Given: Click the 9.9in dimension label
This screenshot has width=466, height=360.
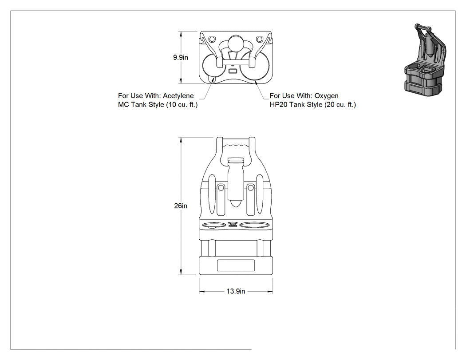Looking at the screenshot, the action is coord(181,57).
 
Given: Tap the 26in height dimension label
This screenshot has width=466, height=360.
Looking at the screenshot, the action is coord(181,206).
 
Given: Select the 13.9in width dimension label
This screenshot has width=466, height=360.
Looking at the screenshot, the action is coord(236,291).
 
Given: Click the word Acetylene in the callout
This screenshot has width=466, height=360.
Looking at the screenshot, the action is coord(178,96).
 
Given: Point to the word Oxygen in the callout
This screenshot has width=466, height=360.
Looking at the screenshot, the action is coord(326,96).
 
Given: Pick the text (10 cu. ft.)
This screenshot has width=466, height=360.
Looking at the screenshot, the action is coord(182,105).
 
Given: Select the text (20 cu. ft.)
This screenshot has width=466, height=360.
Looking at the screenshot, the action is coord(340,105).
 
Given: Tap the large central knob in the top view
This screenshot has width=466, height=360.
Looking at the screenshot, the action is coord(236,44).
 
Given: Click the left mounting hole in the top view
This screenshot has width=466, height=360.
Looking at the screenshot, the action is coord(212,39).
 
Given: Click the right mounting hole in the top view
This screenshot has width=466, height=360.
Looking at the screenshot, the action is coord(260,39).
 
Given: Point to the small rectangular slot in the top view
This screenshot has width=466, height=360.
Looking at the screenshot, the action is coord(233,71).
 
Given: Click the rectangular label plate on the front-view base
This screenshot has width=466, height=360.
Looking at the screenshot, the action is coord(236,265).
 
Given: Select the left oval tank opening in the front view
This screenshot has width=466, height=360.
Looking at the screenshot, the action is coord(214,225).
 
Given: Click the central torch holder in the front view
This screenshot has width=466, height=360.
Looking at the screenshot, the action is coord(236,182).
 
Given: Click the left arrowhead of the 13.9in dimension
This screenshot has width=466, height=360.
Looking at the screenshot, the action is coord(201,292).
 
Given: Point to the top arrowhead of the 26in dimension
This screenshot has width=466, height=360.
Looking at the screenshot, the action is coord(181,140).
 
